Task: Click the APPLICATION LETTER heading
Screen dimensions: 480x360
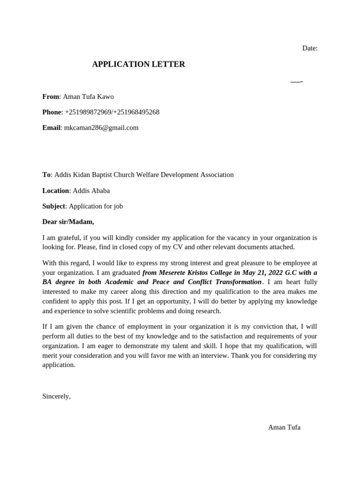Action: coord(138,65)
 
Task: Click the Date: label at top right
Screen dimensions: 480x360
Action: coord(309,48)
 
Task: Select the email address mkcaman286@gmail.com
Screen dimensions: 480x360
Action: coord(101,127)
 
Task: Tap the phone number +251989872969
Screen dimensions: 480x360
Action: coord(87,112)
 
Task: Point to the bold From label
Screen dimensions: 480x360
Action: coord(51,97)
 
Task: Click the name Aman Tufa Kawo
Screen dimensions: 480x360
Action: coord(88,97)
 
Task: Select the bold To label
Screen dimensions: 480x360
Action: coord(46,175)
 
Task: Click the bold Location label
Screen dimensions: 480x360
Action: coord(56,191)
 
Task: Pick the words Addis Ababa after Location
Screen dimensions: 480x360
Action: coord(91,191)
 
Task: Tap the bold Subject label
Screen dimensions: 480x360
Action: coord(53,206)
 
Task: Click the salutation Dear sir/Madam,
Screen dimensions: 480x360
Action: coord(68,222)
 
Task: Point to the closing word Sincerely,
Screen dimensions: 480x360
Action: coord(56,396)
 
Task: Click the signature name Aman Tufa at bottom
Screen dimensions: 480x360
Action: coord(284,427)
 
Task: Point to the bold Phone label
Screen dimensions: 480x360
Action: coord(52,112)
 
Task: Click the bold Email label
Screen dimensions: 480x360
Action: coord(51,127)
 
